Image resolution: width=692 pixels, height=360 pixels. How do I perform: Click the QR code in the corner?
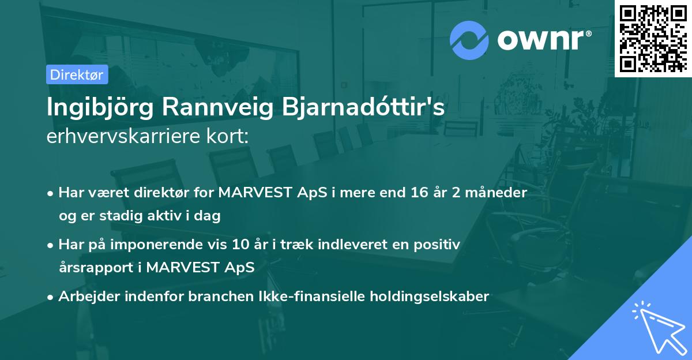653,38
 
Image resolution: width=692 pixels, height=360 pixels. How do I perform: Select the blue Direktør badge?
77,74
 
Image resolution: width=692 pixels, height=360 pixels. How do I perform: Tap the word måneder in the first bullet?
498,193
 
